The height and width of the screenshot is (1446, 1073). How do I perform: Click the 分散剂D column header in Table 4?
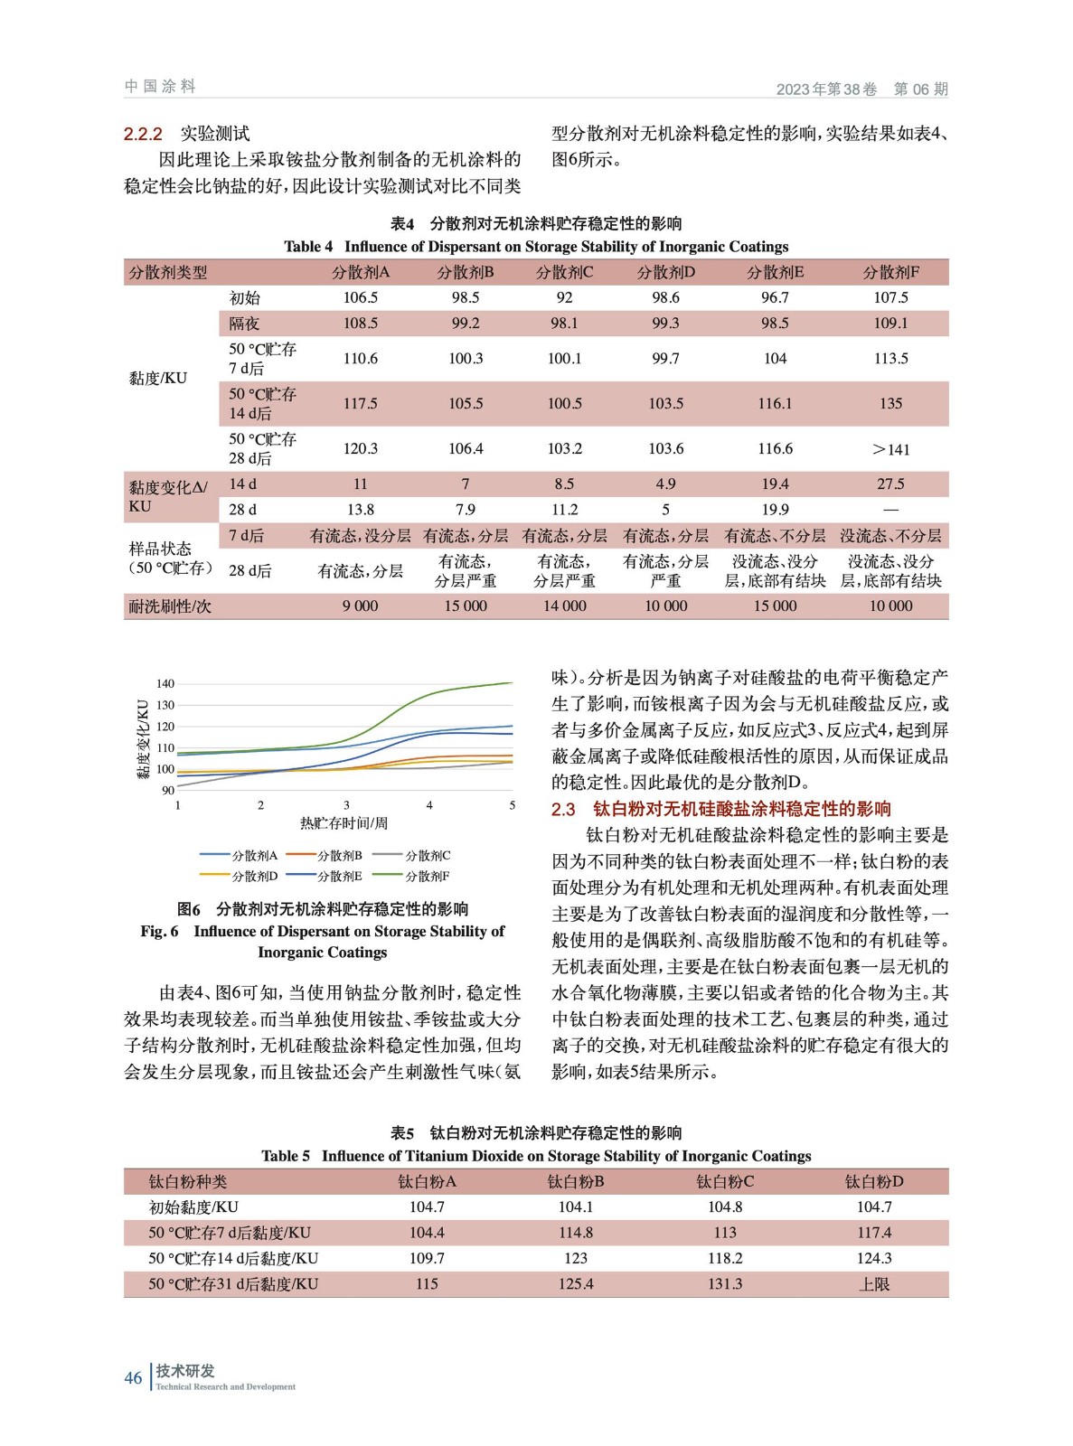coord(665,272)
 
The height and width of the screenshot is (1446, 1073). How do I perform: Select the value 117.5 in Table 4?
coord(360,403)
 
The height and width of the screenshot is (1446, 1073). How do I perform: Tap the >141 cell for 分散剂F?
coord(890,449)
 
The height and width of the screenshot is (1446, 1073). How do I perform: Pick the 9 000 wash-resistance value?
coord(360,606)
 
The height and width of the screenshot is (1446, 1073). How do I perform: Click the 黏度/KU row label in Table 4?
coord(158,378)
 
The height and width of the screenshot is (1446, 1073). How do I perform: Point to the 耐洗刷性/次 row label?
coord(170,606)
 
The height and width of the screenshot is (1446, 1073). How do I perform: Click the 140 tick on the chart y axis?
coord(165,683)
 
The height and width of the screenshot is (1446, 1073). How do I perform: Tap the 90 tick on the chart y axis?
coord(168,790)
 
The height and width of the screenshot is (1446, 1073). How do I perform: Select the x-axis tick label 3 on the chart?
coord(346,804)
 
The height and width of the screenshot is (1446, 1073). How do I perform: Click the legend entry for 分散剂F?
coord(426,876)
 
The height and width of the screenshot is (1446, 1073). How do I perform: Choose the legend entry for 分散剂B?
coord(338,855)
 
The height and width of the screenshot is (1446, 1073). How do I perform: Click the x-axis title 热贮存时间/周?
coord(344,822)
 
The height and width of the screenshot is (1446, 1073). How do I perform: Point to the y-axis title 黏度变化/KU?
coord(143,737)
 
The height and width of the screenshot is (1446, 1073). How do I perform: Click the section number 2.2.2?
coord(143,134)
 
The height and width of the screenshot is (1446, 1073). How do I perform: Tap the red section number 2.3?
coord(563,809)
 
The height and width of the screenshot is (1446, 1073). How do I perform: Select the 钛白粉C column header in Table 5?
coord(725,1181)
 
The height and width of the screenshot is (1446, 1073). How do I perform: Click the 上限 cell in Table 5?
coord(874,1283)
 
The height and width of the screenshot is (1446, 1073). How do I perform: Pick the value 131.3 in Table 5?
coord(725,1283)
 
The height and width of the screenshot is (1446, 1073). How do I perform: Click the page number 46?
coord(133,1377)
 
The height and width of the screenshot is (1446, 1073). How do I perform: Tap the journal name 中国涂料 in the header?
coord(160,86)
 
